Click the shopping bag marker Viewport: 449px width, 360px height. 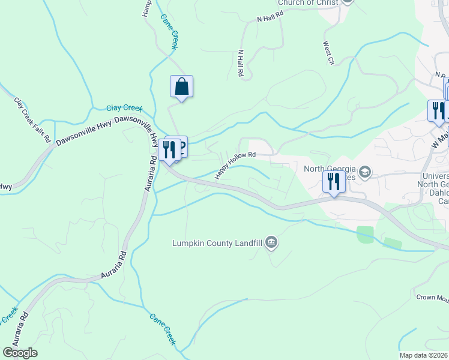tap(181, 87)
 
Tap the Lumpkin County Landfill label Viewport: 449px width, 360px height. tap(218, 243)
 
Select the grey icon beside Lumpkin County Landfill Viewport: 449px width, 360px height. tap(271, 242)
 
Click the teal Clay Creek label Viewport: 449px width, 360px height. tap(124, 108)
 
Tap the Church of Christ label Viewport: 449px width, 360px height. tap(306, 3)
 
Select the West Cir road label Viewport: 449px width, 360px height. tap(328, 52)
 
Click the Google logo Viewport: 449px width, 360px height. tap(20, 353)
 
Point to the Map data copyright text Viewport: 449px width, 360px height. tap(424, 355)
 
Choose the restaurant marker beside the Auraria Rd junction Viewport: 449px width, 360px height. tap(169, 150)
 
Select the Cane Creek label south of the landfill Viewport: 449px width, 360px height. tap(163, 329)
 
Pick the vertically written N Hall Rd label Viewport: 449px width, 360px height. tap(240, 63)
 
